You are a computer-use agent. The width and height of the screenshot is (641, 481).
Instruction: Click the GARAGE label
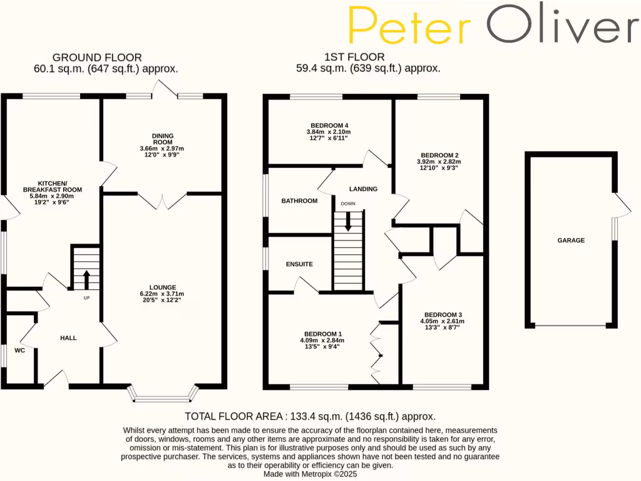tap(571, 240)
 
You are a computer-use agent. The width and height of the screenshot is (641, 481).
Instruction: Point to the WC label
tap(20, 350)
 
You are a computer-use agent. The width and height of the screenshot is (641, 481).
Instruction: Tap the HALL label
tap(68, 338)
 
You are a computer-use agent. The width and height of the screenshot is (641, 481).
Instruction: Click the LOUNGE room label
tap(162, 287)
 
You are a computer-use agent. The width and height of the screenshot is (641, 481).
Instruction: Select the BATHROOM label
tap(299, 201)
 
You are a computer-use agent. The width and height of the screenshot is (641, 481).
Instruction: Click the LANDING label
tap(363, 189)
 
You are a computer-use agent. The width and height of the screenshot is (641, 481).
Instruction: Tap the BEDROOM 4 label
tap(328, 125)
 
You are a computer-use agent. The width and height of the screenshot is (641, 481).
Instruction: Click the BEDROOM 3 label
tap(443, 314)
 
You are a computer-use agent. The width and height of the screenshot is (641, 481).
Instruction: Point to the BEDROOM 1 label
tap(322, 334)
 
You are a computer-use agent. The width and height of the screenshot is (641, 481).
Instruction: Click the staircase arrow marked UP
tap(86, 279)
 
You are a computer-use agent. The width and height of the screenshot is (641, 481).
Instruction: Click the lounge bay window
tap(163, 396)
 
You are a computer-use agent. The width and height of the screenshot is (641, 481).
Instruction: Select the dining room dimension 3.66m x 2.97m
tap(162, 148)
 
